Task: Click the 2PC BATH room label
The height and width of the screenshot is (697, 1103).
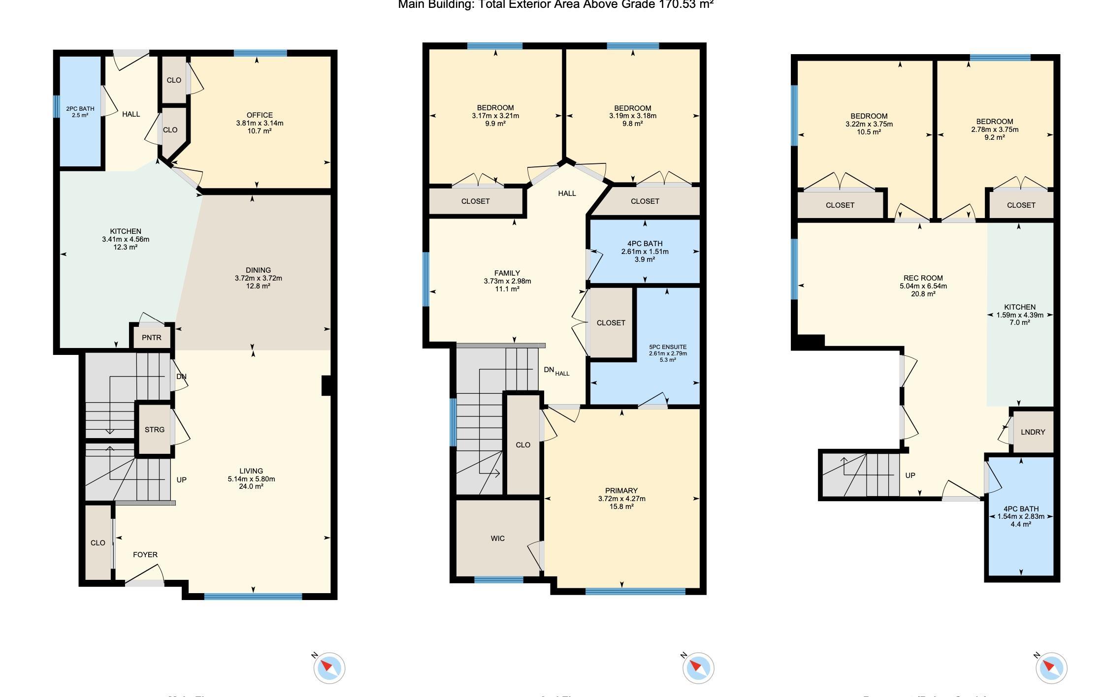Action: pos(80,109)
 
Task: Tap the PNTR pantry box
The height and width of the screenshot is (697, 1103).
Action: pos(151,338)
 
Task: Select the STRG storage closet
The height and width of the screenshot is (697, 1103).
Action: pos(154,430)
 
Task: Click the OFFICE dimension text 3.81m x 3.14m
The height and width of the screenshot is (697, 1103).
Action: pos(260,123)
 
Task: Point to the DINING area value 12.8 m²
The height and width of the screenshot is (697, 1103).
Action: pos(258,286)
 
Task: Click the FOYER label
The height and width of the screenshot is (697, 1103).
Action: pos(145,555)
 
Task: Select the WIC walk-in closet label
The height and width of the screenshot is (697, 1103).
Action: pos(497,539)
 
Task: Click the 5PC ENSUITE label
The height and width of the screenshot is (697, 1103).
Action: pos(668,347)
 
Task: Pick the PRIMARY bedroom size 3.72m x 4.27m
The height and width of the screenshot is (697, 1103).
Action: pos(621,499)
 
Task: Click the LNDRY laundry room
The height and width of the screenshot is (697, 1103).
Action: pos(1033,432)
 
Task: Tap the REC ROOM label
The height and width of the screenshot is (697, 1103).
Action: pos(923,278)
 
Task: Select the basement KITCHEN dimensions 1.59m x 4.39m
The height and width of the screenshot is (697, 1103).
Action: pos(1020,315)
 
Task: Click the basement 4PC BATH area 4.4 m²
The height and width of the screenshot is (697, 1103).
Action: pos(1021,524)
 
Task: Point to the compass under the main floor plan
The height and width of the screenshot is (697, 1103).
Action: pos(329,668)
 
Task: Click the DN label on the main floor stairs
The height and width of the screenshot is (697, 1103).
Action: pos(181,377)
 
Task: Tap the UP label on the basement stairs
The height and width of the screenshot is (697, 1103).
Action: pos(910,475)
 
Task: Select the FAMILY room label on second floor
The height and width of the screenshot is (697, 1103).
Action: pos(507,273)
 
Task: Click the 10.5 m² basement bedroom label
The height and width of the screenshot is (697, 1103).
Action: pos(869,132)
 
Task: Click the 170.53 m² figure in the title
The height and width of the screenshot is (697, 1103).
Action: pos(686,5)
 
